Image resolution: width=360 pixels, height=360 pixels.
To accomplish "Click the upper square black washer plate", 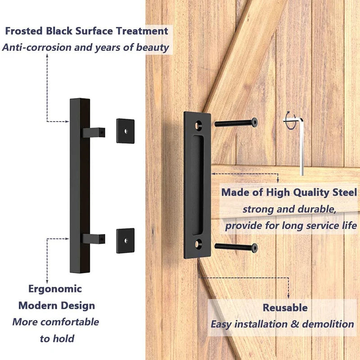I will (x=126, y=131).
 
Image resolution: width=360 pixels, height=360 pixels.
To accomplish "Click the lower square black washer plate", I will (x=126, y=240).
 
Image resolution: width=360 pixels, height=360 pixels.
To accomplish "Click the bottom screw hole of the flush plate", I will (x=198, y=246).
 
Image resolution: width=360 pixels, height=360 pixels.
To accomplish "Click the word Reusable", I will (x=285, y=308).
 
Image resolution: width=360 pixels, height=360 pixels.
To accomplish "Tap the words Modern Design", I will (x=57, y=306).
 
